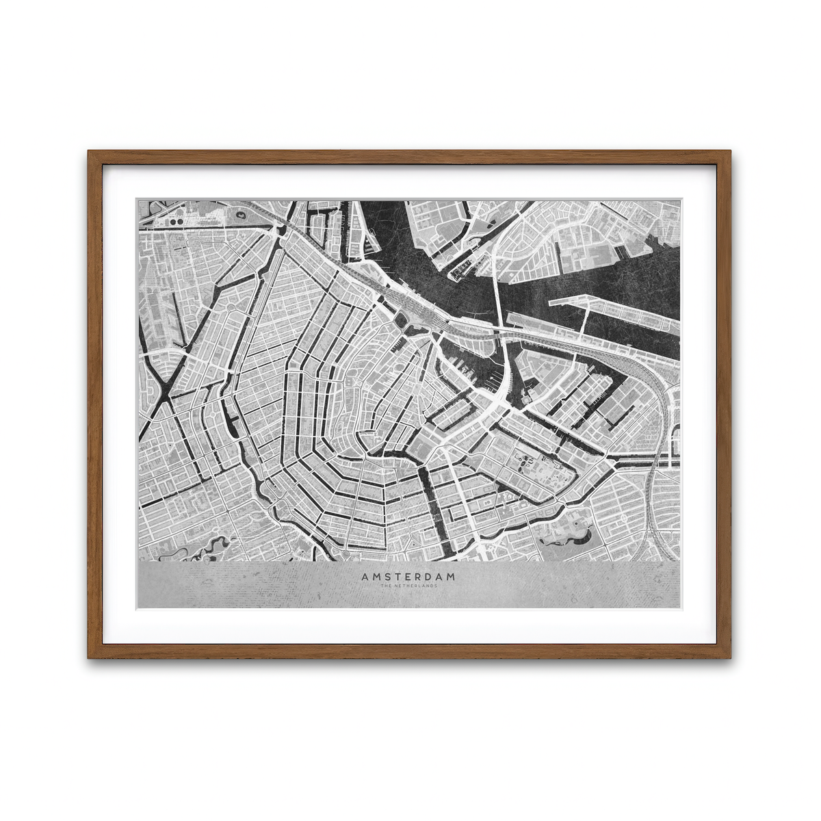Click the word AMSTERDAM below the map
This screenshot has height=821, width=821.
point(408,577)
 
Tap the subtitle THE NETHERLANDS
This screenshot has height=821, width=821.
point(408,585)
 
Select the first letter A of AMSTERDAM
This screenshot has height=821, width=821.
point(365,577)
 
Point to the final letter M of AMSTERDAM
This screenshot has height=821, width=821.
point(451,577)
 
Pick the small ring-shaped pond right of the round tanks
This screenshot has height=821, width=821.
point(242,214)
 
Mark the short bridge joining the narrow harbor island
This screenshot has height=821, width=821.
point(585,322)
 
